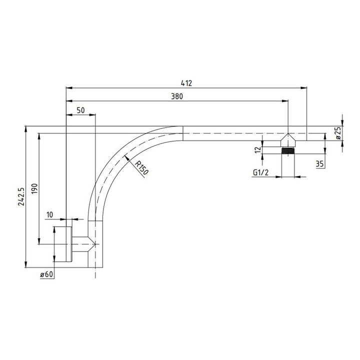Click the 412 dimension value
pos(186,82)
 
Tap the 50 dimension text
pos(80,109)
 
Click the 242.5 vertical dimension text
pos(20,196)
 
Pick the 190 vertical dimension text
pos(34,189)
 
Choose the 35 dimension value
pos(320,163)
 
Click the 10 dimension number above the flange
pos(49,214)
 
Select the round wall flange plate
pos(61,244)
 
